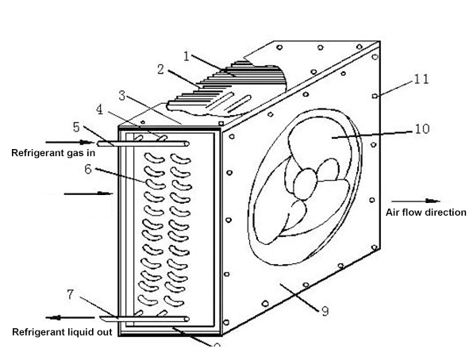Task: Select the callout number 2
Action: pos(160,69)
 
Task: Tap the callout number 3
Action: pos(121,94)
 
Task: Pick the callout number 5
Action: pos(76,126)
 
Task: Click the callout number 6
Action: pos(88,169)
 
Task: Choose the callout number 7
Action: pos(71,295)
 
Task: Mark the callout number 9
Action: pos(325,311)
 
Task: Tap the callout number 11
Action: pos(421,79)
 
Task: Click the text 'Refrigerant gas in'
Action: pos(53,152)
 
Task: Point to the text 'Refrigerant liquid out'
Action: pos(60,332)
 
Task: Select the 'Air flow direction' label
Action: pos(425,213)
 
